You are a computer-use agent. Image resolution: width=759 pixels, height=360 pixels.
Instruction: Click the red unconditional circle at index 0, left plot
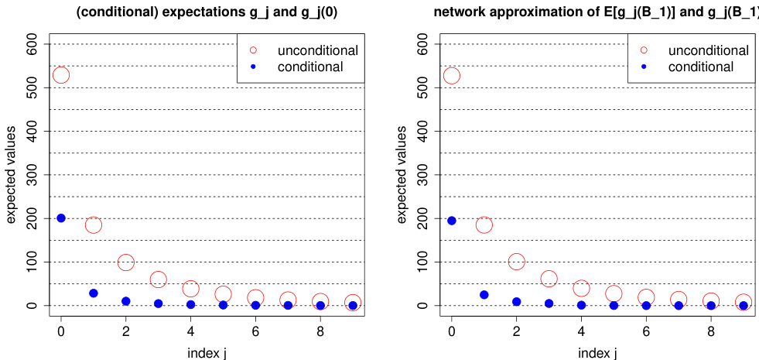coord(61,75)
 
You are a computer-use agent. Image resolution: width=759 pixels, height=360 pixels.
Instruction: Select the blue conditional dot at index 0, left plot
coord(61,218)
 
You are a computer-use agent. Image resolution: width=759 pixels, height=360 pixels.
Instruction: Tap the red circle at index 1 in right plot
coord(484,225)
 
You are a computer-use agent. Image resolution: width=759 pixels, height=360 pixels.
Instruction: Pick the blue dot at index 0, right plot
coord(452,221)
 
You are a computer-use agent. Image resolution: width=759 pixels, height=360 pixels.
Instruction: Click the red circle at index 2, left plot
coord(126,262)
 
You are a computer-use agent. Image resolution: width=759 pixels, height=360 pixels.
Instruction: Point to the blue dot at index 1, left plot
coord(94,293)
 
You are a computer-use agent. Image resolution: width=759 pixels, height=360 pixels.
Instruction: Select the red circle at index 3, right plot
coord(549,279)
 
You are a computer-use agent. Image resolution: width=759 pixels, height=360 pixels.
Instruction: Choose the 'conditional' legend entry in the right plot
coord(700,67)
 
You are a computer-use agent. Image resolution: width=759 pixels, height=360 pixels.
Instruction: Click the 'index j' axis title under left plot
coord(207,353)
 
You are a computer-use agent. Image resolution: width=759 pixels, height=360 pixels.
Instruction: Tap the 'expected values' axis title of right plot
coord(402,175)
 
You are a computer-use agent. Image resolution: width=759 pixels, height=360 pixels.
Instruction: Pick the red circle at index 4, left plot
coord(190,289)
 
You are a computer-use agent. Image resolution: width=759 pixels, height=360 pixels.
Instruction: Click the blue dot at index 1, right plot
coord(484,295)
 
